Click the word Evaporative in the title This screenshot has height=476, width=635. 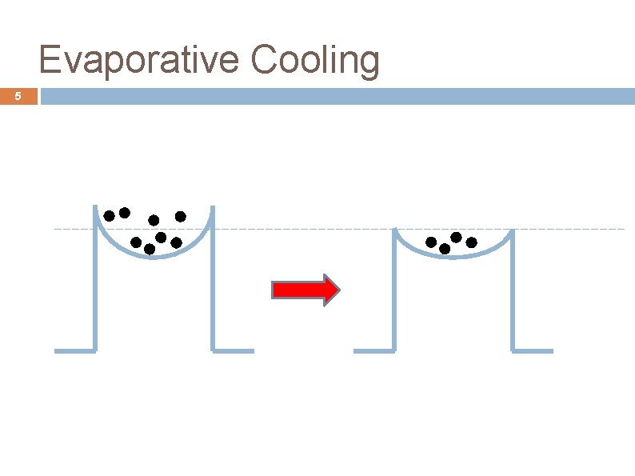(x=138, y=60)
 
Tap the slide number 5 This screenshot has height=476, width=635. (x=18, y=98)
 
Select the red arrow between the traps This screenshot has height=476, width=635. (x=306, y=290)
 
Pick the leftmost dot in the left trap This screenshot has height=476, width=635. (x=109, y=215)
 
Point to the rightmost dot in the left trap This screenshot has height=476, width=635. (x=181, y=216)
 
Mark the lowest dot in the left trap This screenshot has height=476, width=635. (x=150, y=249)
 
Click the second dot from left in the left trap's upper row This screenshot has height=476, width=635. (x=125, y=213)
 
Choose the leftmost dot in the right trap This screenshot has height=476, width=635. (x=431, y=242)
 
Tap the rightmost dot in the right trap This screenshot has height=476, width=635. (x=471, y=242)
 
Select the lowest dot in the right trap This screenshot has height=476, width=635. (x=445, y=249)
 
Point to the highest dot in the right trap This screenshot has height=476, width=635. (x=456, y=237)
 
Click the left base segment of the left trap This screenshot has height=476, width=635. (x=74, y=350)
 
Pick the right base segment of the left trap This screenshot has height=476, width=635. (x=234, y=350)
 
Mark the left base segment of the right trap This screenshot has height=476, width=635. (x=373, y=350)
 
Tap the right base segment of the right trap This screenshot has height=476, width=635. (x=533, y=350)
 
